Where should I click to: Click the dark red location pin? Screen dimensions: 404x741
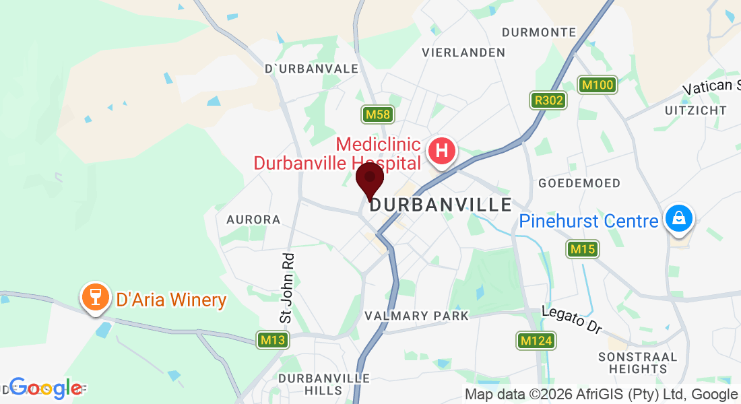[x=369, y=179]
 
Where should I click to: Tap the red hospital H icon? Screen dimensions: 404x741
[x=442, y=151]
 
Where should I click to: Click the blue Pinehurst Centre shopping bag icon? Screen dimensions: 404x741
[x=679, y=220]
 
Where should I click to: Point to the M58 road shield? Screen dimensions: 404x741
[x=377, y=114]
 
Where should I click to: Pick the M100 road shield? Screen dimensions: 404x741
[x=598, y=85]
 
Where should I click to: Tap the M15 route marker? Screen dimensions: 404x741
[x=583, y=249]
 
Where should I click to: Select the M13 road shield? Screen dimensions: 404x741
[x=273, y=340]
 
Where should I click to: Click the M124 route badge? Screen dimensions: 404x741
[x=536, y=341]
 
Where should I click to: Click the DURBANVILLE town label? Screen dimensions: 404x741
[x=441, y=205]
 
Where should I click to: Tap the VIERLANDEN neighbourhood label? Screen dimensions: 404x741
[x=463, y=53]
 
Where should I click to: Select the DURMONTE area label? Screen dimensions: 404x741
[x=540, y=32]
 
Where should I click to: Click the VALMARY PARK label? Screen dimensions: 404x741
[x=416, y=315]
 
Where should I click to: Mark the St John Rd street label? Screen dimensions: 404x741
[x=288, y=288]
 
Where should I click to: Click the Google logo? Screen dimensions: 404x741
[x=45, y=388]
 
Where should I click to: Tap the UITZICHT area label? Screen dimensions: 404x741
[x=696, y=110]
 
